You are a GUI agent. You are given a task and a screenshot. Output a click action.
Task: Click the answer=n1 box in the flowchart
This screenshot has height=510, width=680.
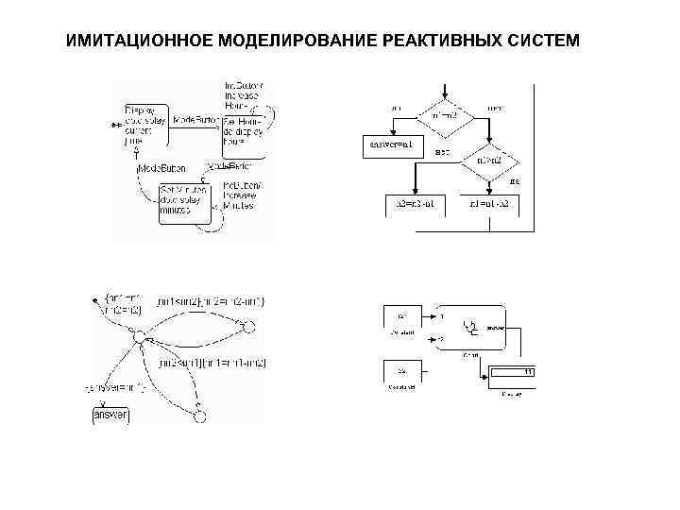388,145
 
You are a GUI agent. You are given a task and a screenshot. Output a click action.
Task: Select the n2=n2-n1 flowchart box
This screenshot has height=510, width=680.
415,202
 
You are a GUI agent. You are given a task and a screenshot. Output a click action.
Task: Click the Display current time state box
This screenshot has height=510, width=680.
143,125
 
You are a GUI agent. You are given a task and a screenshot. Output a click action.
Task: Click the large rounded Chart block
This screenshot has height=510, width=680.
467,328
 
